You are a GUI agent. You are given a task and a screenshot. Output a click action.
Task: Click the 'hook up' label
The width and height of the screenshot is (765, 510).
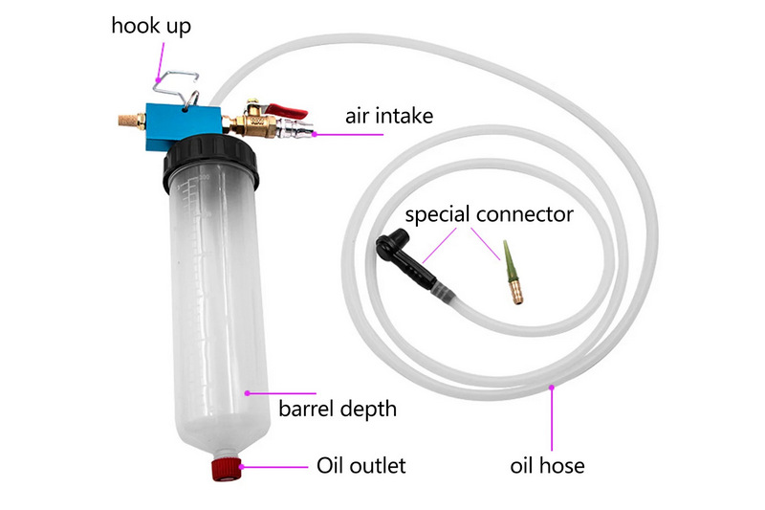click(151, 25)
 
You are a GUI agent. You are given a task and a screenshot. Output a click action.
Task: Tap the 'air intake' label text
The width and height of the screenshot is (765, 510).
click(389, 117)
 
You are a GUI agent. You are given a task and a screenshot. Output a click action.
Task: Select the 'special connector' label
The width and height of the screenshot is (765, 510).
click(489, 213)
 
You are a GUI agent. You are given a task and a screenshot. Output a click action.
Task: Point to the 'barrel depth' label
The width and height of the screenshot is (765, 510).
click(337, 410)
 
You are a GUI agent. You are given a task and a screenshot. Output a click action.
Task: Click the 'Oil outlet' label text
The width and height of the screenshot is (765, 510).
click(361, 466)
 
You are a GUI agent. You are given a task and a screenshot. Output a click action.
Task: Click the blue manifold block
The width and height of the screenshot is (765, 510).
click(182, 120)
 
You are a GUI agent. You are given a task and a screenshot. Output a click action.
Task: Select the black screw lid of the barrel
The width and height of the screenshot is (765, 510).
click(211, 159)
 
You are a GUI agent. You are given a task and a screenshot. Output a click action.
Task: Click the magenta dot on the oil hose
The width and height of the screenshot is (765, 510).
click(554, 387)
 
